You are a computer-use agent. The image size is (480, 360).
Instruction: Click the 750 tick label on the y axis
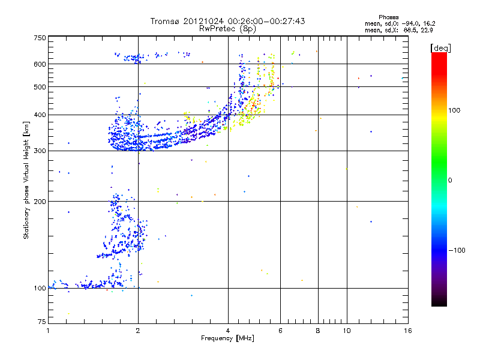[40, 38]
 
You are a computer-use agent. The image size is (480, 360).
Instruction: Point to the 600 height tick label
[40, 64]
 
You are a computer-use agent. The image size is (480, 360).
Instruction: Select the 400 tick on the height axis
[40, 115]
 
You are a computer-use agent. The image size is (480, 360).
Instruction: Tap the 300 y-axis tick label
[40, 151]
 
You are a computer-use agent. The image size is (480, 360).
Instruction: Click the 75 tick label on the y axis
[41, 323]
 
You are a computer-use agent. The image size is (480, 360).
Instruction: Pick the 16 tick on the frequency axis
[407, 331]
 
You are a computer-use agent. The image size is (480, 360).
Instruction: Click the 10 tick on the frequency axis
[347, 331]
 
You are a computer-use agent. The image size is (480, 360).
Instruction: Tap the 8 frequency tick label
[318, 331]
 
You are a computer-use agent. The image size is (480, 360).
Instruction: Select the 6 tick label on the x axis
[280, 331]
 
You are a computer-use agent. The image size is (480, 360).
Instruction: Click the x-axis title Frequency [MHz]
[228, 339]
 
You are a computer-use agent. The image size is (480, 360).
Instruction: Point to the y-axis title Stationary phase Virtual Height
[26, 180]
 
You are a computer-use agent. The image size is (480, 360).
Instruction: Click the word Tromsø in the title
[164, 21]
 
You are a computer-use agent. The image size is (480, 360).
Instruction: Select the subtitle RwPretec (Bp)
[228, 28]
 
